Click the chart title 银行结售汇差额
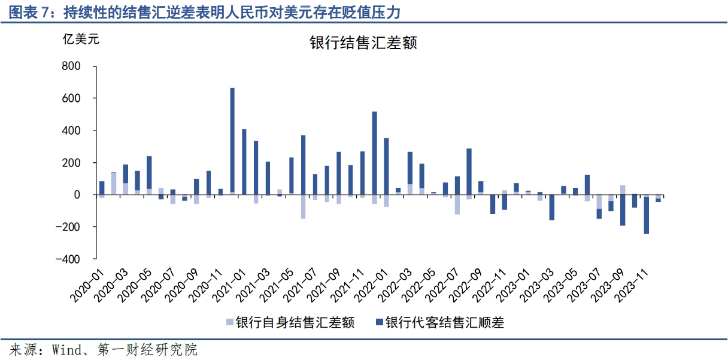363,43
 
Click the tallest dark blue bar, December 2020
232,141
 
